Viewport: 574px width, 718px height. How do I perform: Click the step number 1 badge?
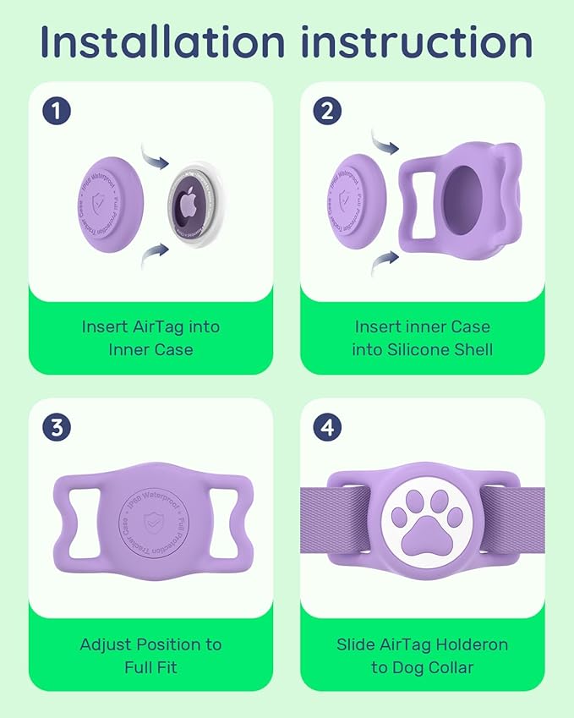click(x=57, y=111)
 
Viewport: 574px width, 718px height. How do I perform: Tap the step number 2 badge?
click(x=329, y=111)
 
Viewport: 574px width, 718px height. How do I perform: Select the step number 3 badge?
click(x=57, y=427)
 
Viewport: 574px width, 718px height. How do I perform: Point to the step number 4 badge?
click(x=329, y=427)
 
